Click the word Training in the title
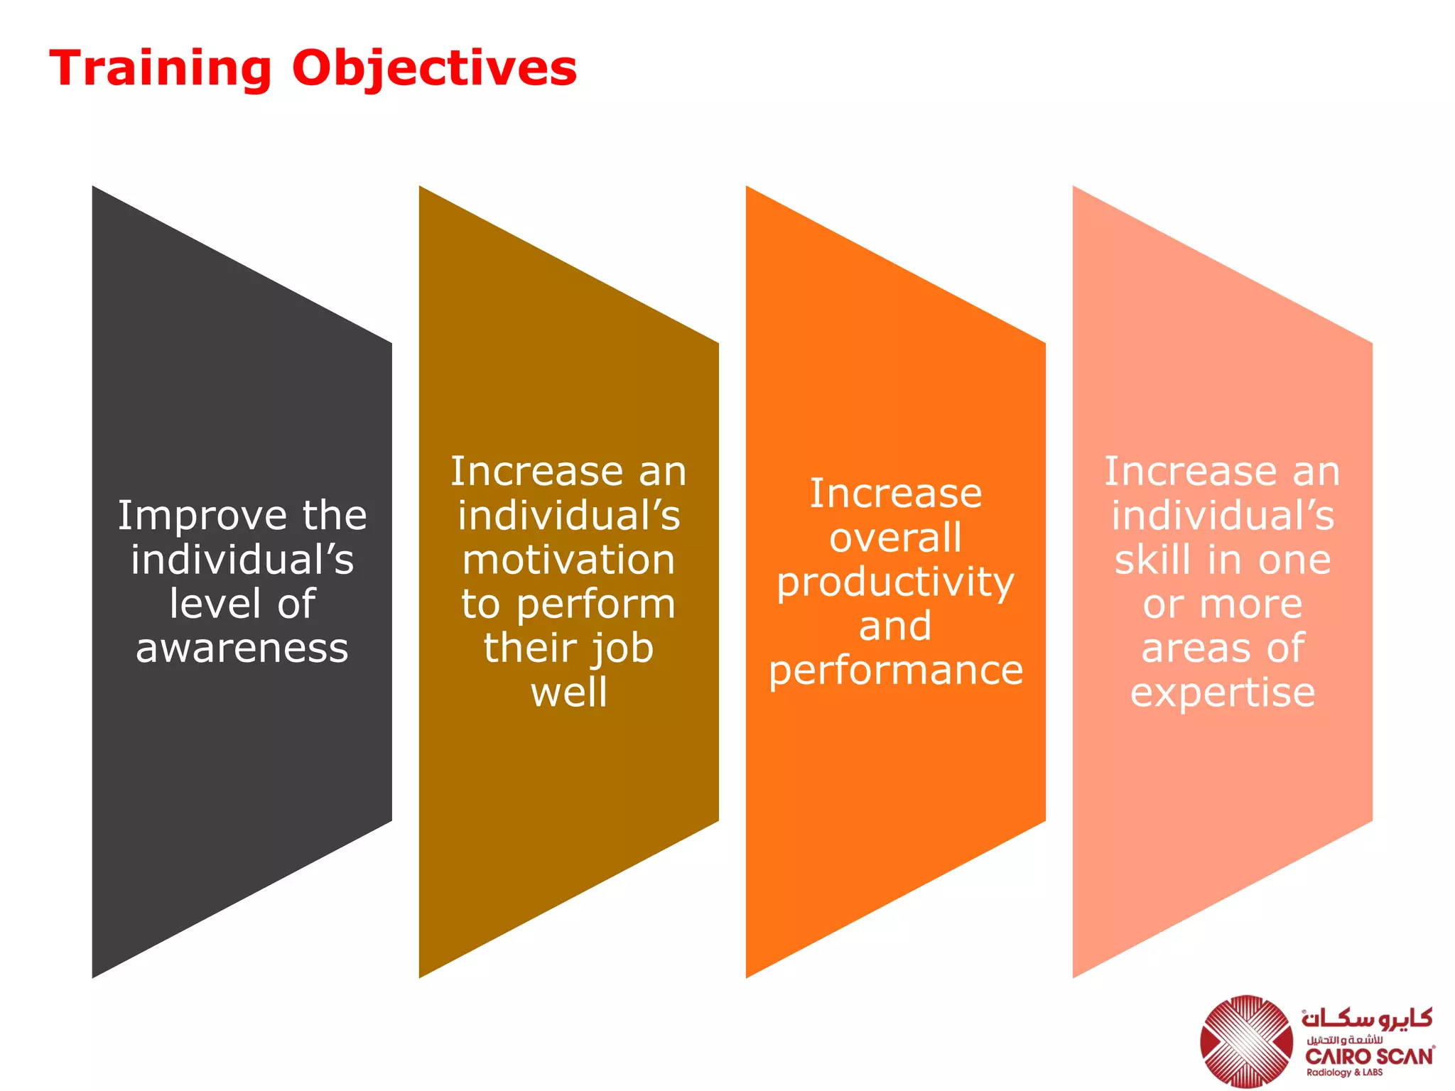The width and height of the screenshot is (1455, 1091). pos(161,69)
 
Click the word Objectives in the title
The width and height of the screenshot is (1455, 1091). pos(434,69)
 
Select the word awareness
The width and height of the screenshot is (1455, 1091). pos(242,648)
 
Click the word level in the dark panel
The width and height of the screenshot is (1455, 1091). pos(215,604)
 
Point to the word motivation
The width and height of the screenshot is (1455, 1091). pos(568,560)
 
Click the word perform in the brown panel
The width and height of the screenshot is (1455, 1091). pos(595,605)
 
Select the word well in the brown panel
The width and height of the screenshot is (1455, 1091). pos(568,693)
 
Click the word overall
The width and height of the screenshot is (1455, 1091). pos(895,538)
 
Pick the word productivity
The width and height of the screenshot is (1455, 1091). pos(895,583)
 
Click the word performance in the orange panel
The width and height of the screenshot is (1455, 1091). pos(895,671)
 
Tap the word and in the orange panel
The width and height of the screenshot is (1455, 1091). pos(895,626)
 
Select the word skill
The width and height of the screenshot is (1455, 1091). pos(1152,560)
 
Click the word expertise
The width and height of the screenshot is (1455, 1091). pos(1222,693)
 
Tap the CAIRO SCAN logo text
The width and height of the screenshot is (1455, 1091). pos(1370,1057)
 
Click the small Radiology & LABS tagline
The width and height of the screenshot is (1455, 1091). pos(1344,1073)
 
